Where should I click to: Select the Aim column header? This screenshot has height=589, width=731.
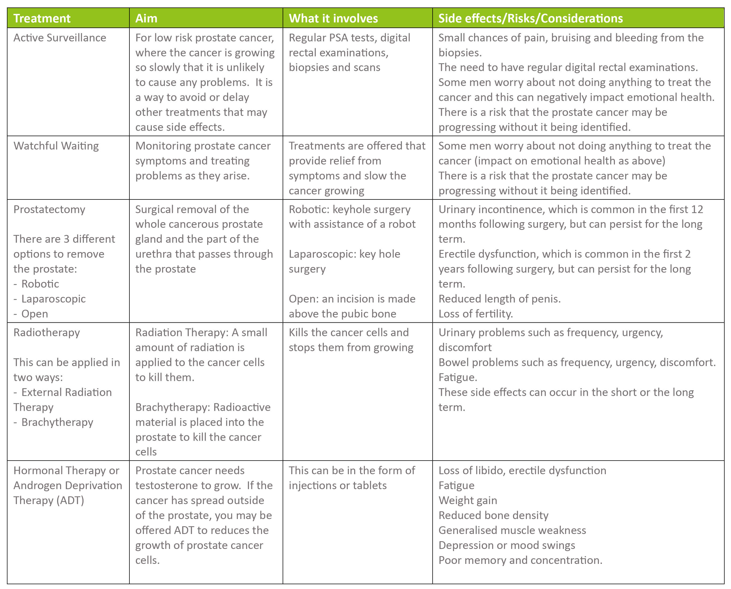click(x=146, y=18)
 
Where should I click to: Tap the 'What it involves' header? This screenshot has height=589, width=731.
click(x=333, y=18)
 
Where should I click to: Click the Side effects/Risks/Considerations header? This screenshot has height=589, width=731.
click(x=530, y=18)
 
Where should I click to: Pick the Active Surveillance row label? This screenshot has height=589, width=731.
click(x=60, y=38)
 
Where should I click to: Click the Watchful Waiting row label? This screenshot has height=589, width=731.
click(x=56, y=146)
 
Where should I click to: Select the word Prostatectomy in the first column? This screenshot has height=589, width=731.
click(x=49, y=209)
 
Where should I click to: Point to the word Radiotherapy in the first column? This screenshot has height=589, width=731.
click(x=46, y=332)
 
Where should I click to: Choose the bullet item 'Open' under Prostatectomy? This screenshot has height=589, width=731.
click(x=35, y=314)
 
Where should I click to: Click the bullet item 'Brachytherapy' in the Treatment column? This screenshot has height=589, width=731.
click(x=57, y=422)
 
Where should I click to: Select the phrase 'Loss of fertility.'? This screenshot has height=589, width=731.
click(x=475, y=314)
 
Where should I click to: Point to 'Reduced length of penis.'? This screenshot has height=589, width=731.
click(x=499, y=299)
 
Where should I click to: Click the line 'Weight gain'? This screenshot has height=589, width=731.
click(x=468, y=500)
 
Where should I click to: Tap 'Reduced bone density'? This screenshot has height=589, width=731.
click(x=493, y=515)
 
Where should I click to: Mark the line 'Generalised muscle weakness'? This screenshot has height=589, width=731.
click(x=512, y=530)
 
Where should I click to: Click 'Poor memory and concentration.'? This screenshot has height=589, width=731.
click(x=520, y=560)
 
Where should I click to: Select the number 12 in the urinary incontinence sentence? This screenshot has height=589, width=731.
click(x=697, y=209)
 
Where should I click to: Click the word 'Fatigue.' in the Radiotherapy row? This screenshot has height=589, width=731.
click(x=458, y=377)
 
